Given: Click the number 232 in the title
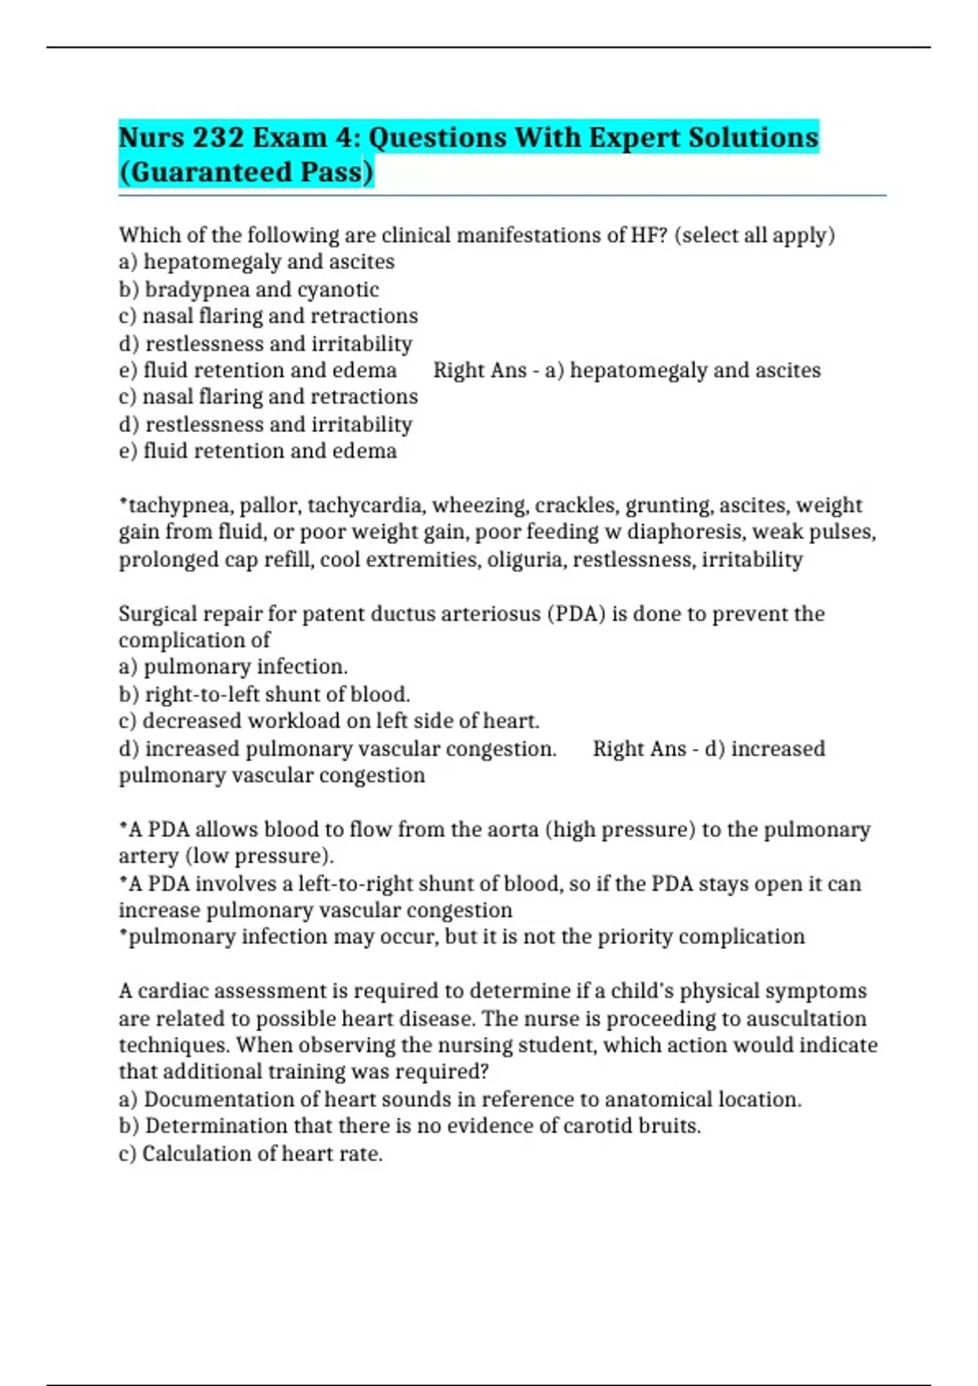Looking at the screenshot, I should [x=218, y=137].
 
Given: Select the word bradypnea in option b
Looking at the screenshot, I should [x=196, y=289].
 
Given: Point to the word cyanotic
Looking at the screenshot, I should [x=338, y=289].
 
